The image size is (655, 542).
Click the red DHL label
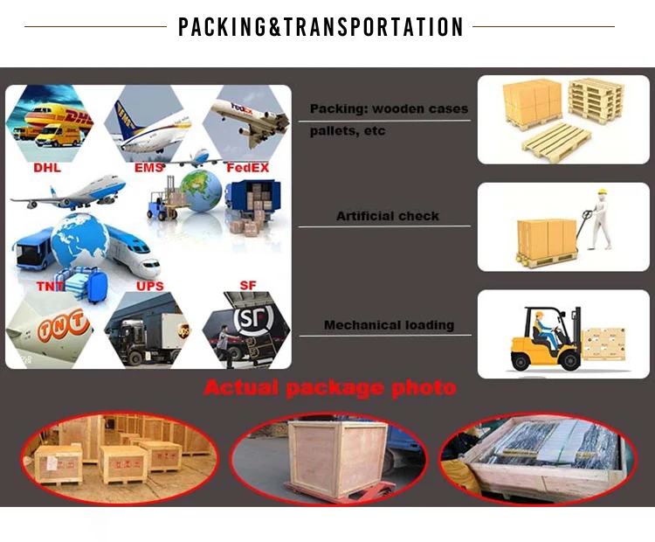(x=47, y=168)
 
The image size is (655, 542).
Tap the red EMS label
(x=148, y=168)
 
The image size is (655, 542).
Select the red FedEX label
(x=248, y=168)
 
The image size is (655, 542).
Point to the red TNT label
(x=50, y=286)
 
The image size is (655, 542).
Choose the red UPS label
(x=150, y=286)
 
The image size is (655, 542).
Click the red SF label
(x=248, y=285)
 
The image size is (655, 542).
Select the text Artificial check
(x=388, y=216)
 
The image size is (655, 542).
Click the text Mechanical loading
(x=389, y=325)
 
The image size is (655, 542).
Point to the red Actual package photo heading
(x=330, y=387)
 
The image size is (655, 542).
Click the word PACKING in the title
(x=222, y=27)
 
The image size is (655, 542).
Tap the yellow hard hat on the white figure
(x=602, y=191)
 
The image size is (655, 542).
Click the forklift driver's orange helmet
(x=540, y=315)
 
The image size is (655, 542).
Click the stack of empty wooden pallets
(x=596, y=101)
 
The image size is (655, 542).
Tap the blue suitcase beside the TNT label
(x=97, y=285)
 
